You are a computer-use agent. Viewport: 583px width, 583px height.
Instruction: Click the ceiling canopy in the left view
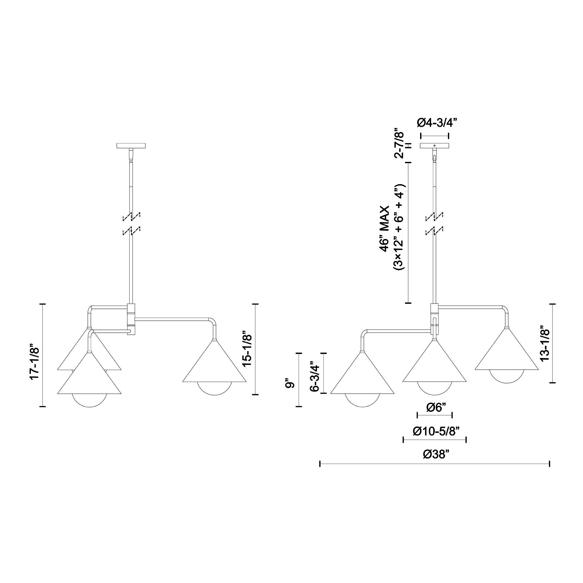pos(131,146)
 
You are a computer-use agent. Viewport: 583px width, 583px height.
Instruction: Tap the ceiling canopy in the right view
pos(435,146)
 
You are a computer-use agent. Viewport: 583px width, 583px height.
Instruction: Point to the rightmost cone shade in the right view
pos(507,353)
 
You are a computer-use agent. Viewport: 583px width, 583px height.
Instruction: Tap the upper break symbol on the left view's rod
pos(132,216)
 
